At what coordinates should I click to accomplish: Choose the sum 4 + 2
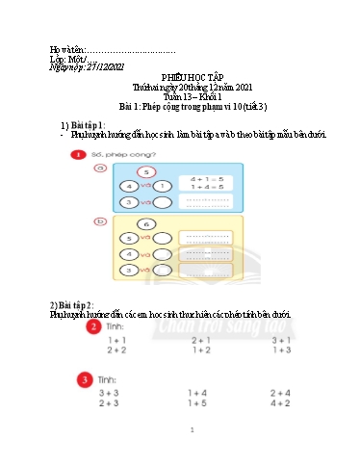click(x=281, y=404)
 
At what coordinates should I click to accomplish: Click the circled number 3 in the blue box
click(x=128, y=202)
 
